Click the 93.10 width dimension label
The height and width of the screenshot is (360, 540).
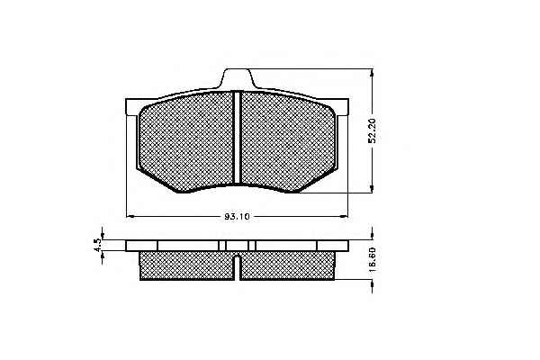(x=237, y=217)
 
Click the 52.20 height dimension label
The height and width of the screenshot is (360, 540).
(x=372, y=130)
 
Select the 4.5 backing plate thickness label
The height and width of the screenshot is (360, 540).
(x=97, y=245)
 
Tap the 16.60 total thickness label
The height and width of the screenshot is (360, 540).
(x=372, y=260)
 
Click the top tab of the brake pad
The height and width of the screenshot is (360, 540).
(x=238, y=78)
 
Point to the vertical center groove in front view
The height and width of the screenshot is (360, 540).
(x=237, y=137)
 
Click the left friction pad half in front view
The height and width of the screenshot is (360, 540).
(x=186, y=141)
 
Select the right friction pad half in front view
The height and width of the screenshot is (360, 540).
(x=288, y=141)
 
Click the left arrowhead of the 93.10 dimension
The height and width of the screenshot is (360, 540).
(x=130, y=216)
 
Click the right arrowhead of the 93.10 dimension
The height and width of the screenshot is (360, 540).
(x=344, y=216)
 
